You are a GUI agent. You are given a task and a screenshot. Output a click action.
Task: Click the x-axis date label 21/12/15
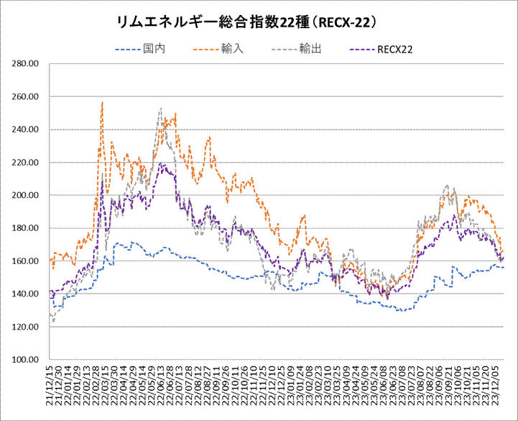(50, 389)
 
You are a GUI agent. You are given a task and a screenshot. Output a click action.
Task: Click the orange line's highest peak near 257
(103, 102)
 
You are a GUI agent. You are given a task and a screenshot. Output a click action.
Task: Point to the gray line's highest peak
(160, 109)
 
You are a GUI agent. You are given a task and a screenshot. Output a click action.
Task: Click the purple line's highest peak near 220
(163, 164)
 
